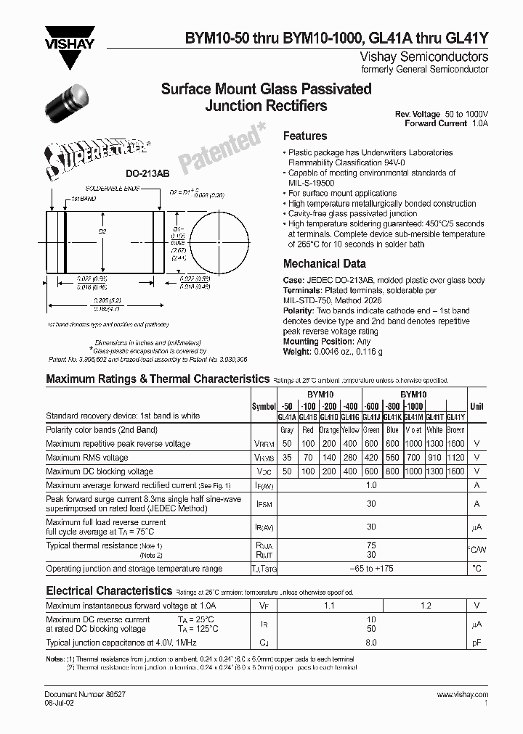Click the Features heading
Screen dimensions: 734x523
coord(304,136)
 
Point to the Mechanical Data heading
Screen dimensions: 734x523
coord(324,264)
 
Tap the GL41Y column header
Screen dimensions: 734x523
coord(455,417)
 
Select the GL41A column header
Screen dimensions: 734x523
coord(287,417)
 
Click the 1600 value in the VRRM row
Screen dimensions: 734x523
coord(455,443)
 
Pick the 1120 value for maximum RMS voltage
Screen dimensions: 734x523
coord(455,458)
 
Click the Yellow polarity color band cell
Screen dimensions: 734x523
coord(351,430)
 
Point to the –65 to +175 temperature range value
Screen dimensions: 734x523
coord(371,569)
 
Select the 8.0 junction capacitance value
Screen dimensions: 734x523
coord(371,643)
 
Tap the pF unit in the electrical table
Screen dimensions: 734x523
coord(477,643)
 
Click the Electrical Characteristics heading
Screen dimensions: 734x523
coord(109,591)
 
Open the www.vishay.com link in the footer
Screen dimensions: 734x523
coord(463,694)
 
